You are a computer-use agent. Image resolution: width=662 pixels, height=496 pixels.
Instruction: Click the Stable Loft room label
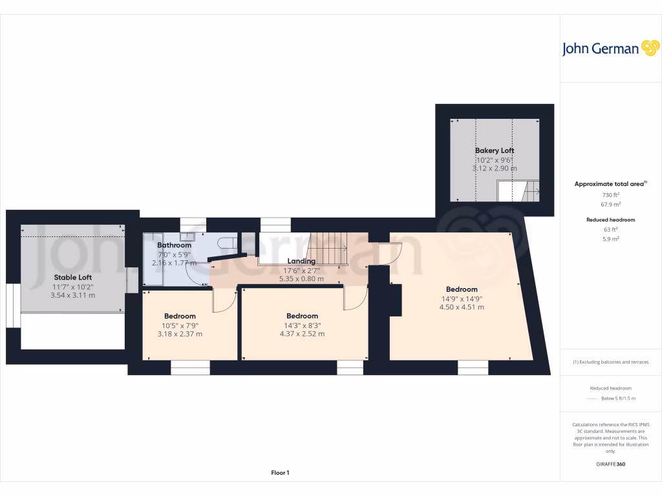pos(72,277)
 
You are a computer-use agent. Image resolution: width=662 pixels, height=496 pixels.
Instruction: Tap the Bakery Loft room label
pos(494,150)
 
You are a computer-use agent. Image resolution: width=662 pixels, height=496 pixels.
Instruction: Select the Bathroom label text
pos(174,245)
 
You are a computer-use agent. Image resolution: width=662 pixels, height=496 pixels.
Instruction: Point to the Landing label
pos(301,261)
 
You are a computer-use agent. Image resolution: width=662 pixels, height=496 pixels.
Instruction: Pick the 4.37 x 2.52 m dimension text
pos(301,334)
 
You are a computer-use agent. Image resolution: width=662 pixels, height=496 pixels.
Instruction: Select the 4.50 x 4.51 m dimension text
pos(462,307)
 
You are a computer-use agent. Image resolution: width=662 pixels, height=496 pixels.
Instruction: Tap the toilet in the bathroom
pos(227,243)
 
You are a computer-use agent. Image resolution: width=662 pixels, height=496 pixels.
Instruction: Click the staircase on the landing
pos(328,248)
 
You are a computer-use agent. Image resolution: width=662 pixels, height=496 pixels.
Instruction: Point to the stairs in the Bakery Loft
pos(517,191)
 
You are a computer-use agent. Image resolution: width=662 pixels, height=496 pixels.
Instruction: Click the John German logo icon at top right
pos(649,48)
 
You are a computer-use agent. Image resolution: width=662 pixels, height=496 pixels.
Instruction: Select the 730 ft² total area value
pos(611,195)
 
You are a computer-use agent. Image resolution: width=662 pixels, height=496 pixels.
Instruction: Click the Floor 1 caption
pos(280,473)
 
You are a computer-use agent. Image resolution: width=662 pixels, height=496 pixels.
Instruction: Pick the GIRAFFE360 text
pos(611,464)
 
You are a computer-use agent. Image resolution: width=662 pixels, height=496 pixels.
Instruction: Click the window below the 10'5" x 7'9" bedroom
pos(190,367)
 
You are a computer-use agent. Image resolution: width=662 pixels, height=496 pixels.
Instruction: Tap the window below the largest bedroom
pos(473,367)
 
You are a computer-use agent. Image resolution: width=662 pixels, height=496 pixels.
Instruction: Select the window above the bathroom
pos(193,224)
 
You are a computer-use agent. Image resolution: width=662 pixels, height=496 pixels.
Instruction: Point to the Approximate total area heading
pos(610,184)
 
